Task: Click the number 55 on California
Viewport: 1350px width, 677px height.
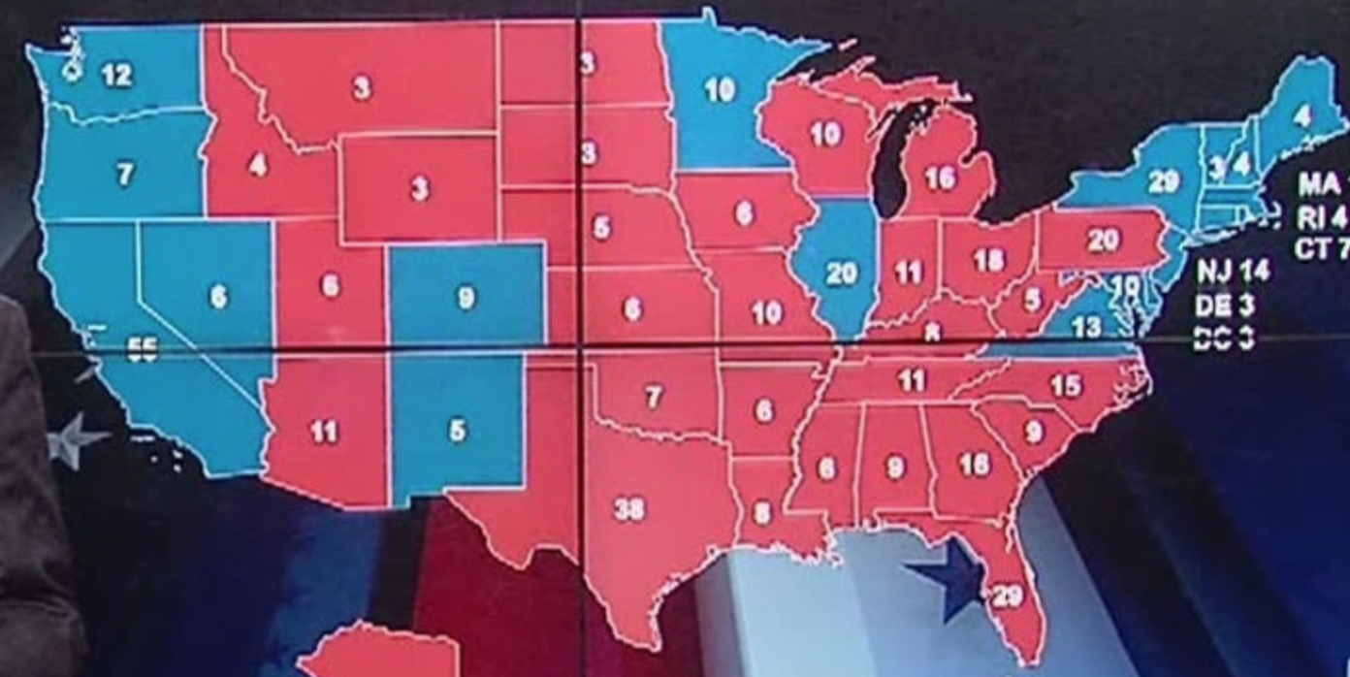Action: (143, 351)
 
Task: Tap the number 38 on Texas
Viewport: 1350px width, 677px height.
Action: (629, 508)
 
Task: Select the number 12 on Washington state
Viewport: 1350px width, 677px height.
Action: (116, 75)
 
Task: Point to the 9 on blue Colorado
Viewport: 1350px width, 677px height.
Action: (466, 298)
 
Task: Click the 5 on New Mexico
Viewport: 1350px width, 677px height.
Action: (457, 430)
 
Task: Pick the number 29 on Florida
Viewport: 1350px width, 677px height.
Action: (1007, 596)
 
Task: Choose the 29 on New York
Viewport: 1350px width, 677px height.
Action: (1163, 181)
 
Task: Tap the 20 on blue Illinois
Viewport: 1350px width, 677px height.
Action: (841, 274)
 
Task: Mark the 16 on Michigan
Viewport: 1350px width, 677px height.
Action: (940, 178)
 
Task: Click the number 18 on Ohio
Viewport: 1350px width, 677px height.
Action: (988, 260)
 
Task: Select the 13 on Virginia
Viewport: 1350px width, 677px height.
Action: (1087, 327)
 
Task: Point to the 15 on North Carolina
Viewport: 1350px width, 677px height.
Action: (1065, 385)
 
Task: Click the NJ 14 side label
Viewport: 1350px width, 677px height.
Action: (1232, 270)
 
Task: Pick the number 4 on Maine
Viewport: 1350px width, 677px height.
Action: (1302, 115)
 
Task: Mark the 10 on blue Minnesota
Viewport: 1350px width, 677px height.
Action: (720, 90)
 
